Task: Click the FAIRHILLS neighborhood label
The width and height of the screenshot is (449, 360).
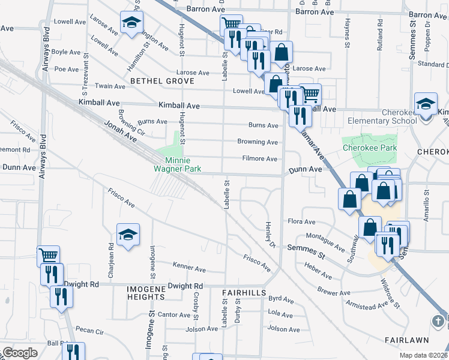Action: (x=243, y=292)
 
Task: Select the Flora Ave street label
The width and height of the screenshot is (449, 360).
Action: (x=301, y=221)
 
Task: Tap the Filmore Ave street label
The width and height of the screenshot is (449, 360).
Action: (x=259, y=159)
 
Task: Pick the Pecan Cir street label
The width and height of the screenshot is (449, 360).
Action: (x=90, y=331)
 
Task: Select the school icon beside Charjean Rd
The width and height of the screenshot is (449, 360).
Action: (x=128, y=235)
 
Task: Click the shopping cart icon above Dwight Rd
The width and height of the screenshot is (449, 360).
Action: (x=48, y=256)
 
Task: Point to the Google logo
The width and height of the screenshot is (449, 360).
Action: (x=20, y=353)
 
